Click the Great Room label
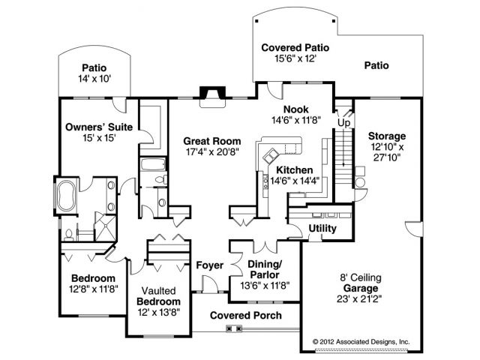tap(213, 141)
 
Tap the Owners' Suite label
tap(100, 127)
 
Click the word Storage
tap(387, 136)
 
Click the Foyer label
tap(209, 265)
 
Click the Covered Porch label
tap(245, 315)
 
